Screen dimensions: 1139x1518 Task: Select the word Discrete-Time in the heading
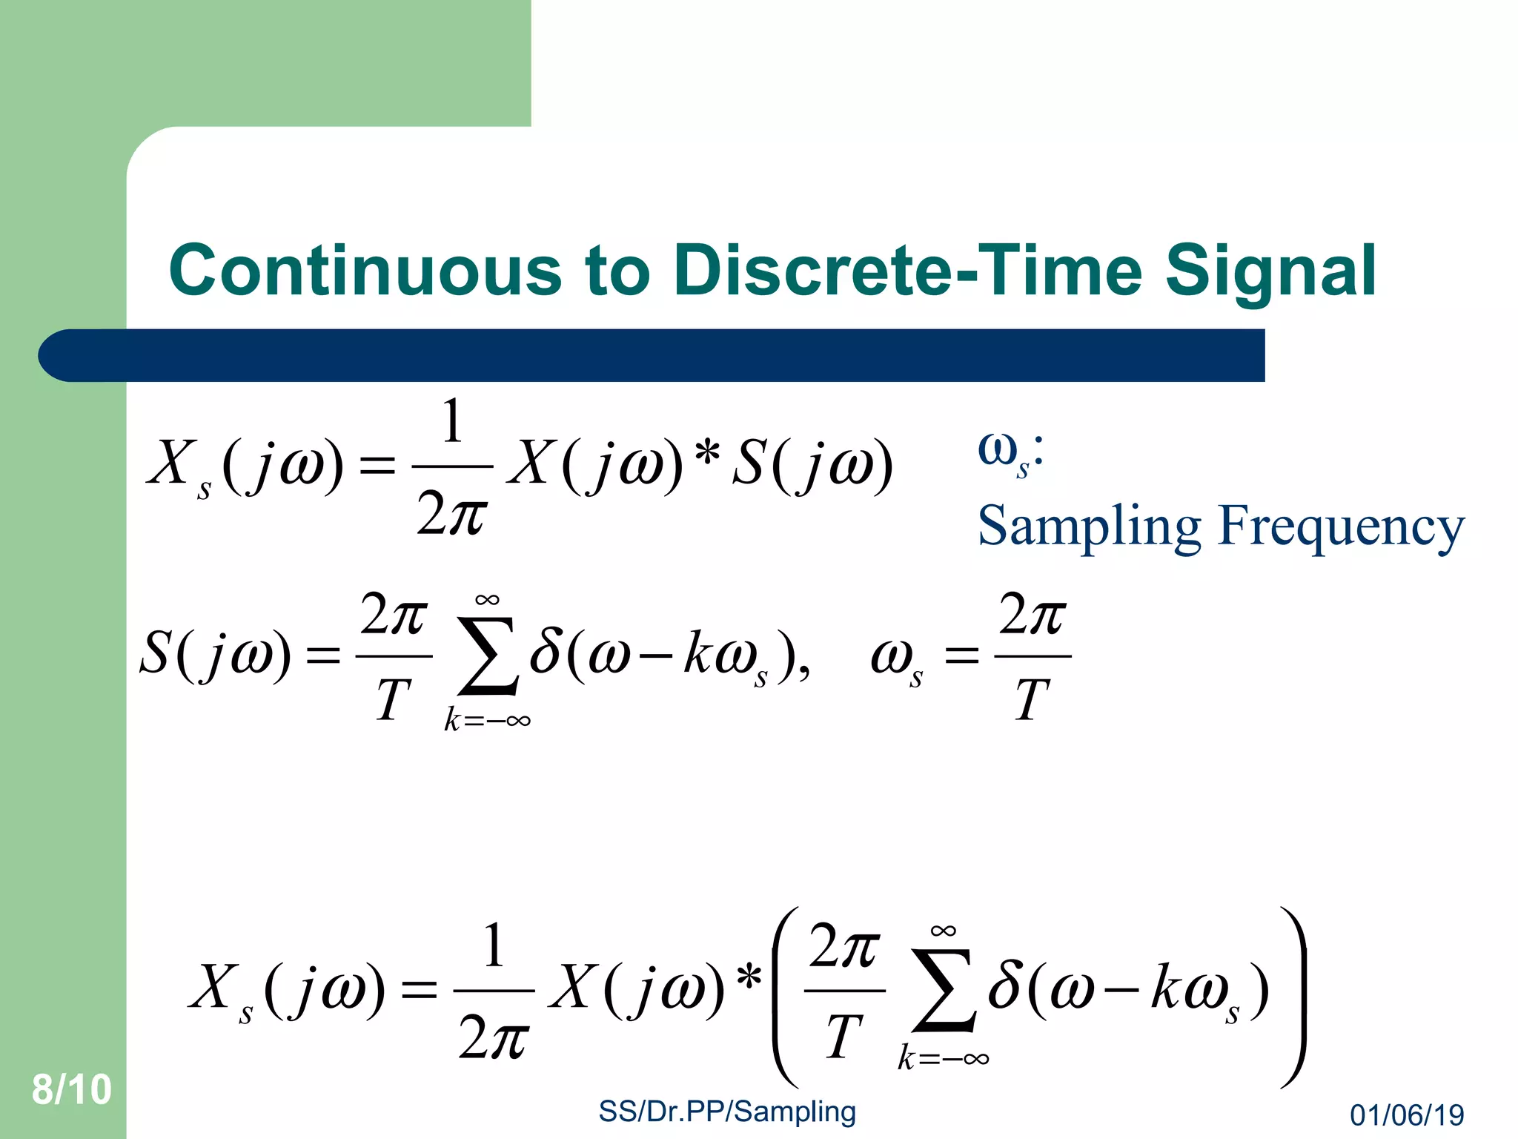point(908,271)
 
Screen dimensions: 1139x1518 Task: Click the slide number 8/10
point(71,1089)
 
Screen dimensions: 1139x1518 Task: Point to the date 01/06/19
point(1407,1115)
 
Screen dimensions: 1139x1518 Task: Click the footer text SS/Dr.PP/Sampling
point(726,1112)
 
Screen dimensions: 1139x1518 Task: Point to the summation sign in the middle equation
point(486,657)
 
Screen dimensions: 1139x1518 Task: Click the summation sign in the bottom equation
point(943,991)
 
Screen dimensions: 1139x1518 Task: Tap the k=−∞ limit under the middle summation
point(487,720)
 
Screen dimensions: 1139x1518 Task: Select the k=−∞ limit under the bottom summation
point(943,1057)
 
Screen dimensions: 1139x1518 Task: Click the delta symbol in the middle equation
point(546,653)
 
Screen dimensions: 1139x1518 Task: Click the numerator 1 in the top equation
point(451,421)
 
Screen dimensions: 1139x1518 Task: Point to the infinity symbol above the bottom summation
point(943,931)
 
